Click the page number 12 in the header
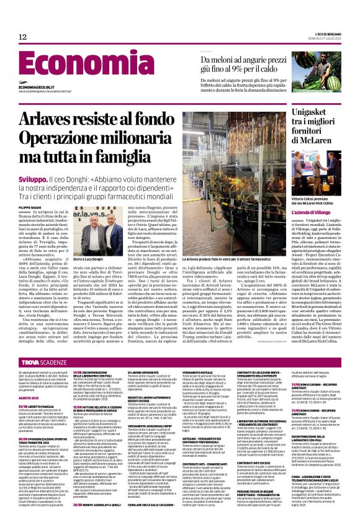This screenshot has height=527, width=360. [x=22, y=37]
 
